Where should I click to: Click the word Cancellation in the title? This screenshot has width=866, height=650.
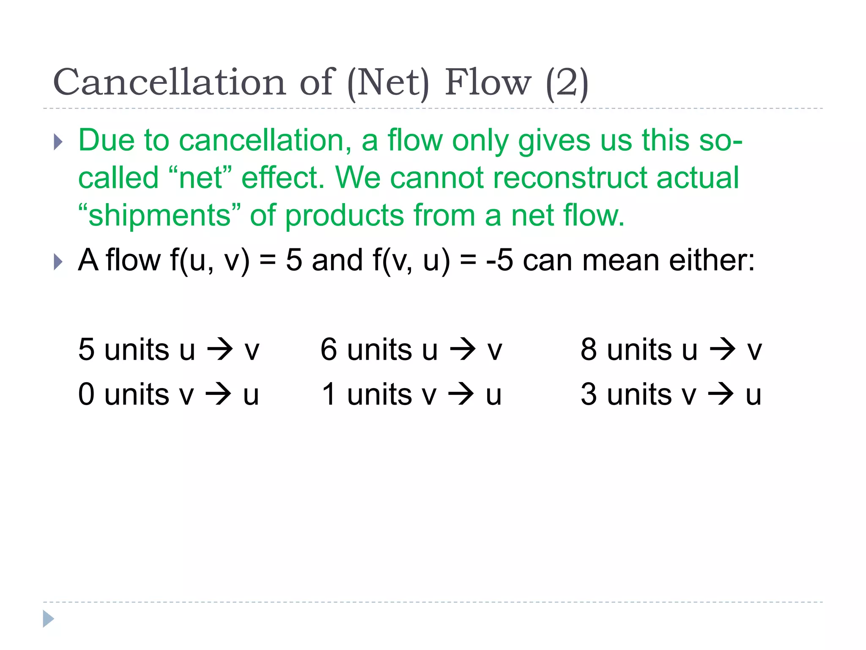pos(170,82)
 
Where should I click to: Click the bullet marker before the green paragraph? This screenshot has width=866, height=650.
pos(58,142)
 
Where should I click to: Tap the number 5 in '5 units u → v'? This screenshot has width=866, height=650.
pos(86,350)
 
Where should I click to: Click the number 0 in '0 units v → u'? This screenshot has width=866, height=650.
pos(86,394)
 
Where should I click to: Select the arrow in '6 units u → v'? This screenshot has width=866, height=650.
pos(463,350)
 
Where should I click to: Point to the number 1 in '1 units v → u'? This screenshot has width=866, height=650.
pos(329,394)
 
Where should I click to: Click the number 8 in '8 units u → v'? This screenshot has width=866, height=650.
pos(589,350)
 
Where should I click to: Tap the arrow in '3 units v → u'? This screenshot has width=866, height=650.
pos(721,394)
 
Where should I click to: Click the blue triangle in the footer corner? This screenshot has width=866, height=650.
pos(48,619)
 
